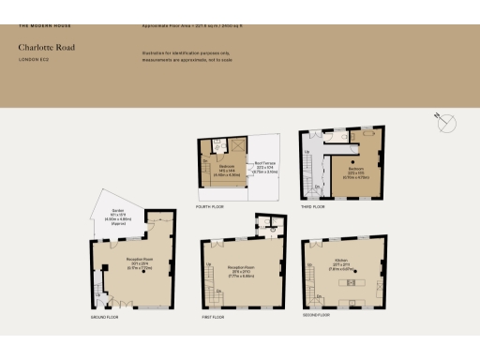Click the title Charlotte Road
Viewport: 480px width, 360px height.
(x=46, y=46)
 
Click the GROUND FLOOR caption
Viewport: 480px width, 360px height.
(x=104, y=317)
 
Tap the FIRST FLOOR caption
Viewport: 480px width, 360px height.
(x=213, y=317)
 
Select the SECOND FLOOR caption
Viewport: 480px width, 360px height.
(x=319, y=315)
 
